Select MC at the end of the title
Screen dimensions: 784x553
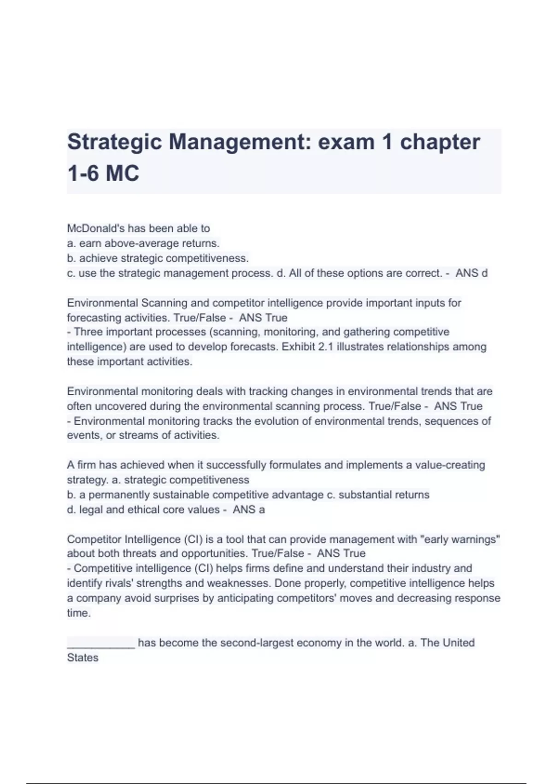point(122,174)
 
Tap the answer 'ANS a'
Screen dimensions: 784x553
point(249,510)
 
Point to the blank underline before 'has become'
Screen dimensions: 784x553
point(101,643)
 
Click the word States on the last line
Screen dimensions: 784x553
point(82,658)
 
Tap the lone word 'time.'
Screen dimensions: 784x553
point(79,613)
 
